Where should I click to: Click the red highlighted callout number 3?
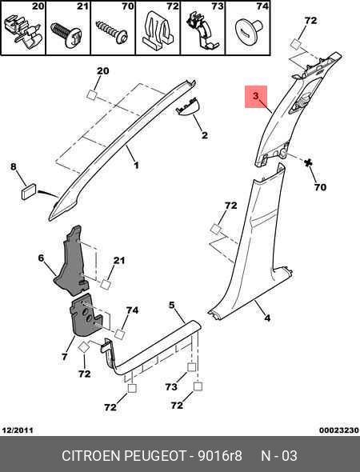255,96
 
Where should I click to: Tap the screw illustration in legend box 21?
66,34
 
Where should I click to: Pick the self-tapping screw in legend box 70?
112,32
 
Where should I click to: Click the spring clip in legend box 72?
157,30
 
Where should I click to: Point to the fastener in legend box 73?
202,31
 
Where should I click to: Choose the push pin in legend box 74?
249,30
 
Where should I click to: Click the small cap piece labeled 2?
186,106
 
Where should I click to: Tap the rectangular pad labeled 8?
29,191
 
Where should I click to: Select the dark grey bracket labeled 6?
72,262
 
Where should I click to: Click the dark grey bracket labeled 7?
84,314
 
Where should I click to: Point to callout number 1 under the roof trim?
136,165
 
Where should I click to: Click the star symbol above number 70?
308,163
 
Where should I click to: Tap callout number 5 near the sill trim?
171,306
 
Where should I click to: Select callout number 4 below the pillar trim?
267,318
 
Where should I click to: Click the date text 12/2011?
18,430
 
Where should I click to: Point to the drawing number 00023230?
339,430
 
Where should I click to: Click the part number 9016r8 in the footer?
220,455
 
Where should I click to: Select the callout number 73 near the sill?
171,386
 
